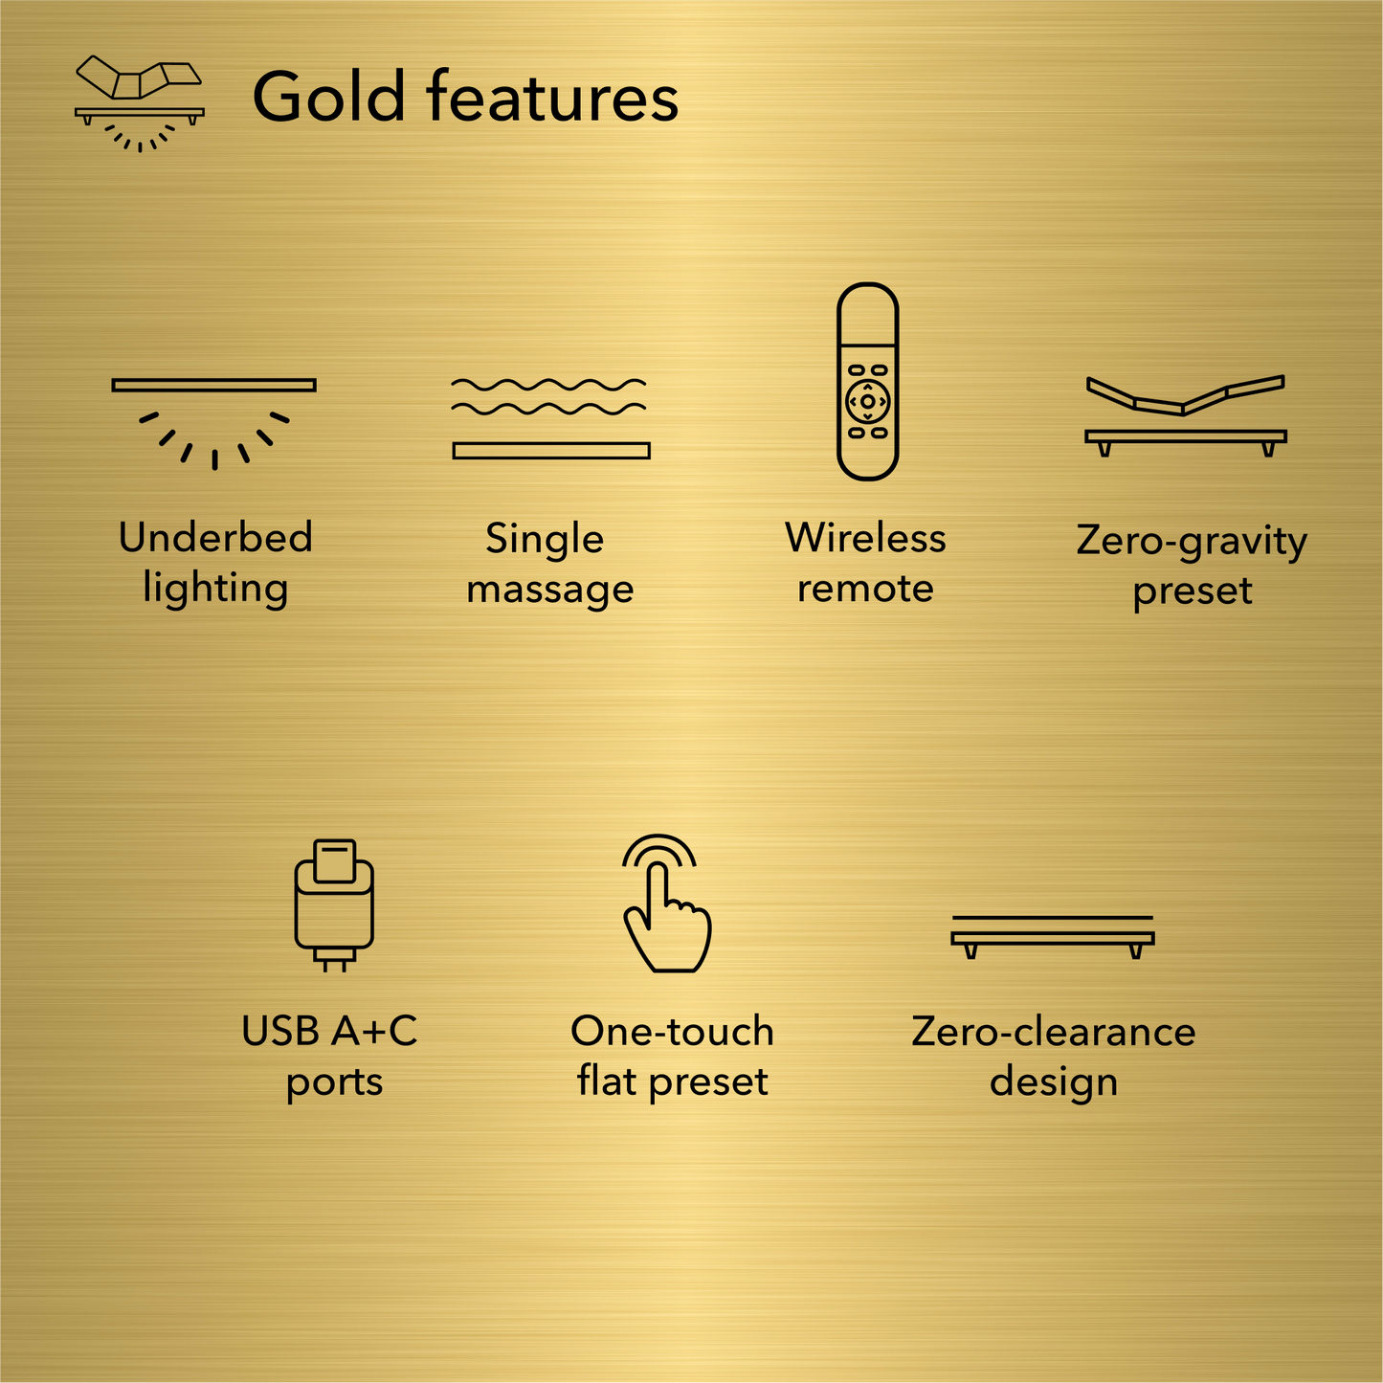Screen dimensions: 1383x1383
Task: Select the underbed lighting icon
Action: point(213,421)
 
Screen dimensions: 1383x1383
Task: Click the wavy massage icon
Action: point(550,418)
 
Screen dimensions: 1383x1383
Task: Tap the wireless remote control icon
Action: point(867,381)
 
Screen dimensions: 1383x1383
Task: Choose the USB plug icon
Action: point(334,904)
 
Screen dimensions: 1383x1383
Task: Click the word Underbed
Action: point(215,538)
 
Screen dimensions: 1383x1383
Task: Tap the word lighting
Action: point(215,589)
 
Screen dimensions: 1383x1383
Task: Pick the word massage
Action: point(550,590)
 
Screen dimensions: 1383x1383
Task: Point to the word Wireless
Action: point(865,538)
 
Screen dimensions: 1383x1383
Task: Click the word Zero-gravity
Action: point(1192,542)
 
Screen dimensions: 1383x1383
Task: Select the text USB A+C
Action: point(329,1032)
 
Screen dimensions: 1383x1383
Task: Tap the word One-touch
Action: point(672,1032)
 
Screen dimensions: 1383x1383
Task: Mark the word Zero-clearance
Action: point(1053,1032)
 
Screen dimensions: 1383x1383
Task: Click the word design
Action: point(1053,1082)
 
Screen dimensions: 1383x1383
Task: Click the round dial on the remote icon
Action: point(867,402)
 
